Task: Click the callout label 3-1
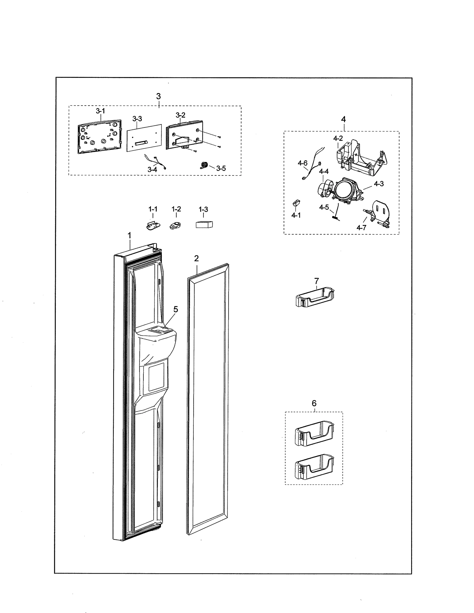click(x=100, y=111)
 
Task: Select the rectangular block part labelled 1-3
click(x=204, y=225)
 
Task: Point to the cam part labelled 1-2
click(x=175, y=225)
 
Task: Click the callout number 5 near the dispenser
click(x=176, y=309)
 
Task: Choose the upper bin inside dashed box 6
click(x=314, y=433)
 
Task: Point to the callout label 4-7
click(x=361, y=228)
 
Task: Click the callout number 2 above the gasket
click(x=196, y=258)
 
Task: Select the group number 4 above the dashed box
click(x=343, y=119)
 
